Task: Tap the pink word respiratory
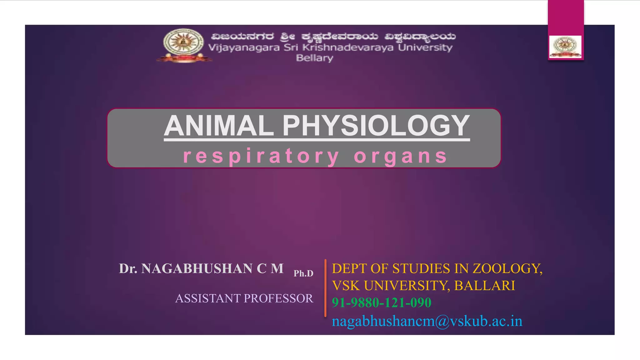[x=261, y=156]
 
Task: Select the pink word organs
[x=401, y=156]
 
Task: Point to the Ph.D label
[x=303, y=273]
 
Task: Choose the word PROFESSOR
[x=278, y=298]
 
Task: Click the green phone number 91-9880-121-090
[x=381, y=302]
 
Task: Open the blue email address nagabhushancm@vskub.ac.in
[x=427, y=321]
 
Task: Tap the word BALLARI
[x=484, y=286]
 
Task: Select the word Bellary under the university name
[x=314, y=58]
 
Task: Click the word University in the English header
[x=425, y=47]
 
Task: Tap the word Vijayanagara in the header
[x=244, y=47]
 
